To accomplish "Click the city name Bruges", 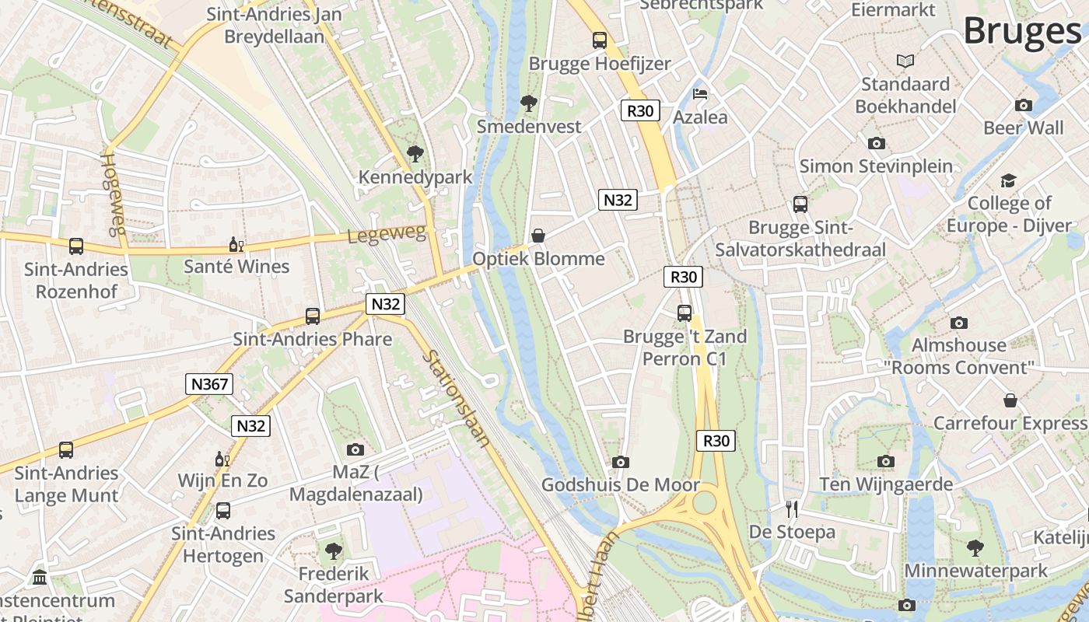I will click(x=1022, y=31).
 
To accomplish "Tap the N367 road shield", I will click(x=209, y=384).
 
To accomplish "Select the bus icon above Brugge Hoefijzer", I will click(x=599, y=40).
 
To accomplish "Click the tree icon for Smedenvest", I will click(x=529, y=103).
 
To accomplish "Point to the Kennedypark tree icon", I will click(x=415, y=153).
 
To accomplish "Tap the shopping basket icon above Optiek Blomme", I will click(x=537, y=236).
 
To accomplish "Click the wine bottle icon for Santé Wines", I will click(x=236, y=245).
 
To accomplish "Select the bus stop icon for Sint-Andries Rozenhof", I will click(x=76, y=246).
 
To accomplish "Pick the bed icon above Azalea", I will click(x=700, y=95).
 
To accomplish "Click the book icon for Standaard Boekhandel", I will click(x=905, y=61).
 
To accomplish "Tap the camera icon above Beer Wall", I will click(x=1024, y=105).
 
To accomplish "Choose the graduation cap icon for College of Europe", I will click(x=1009, y=180).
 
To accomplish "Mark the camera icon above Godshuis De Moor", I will click(x=620, y=463).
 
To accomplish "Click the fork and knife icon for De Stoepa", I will click(x=792, y=509).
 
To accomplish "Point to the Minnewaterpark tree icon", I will click(x=975, y=548).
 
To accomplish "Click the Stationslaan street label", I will click(x=457, y=399).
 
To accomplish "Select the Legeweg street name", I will click(x=387, y=234).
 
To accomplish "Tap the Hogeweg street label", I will click(x=114, y=194).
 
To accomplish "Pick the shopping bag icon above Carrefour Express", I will click(x=1010, y=400).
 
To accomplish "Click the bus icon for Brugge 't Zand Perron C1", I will click(x=685, y=313).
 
